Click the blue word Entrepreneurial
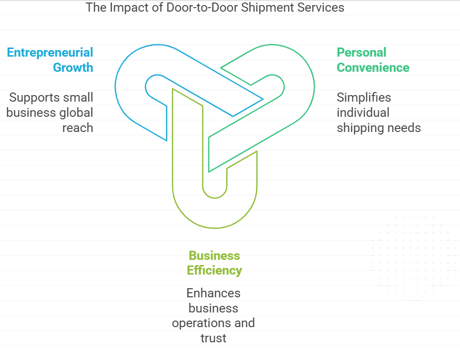pos(50,53)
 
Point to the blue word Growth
pos(73,67)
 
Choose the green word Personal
pos(361,53)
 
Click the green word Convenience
pos(373,67)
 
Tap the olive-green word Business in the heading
pos(214,255)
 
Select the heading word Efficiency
pos(214,271)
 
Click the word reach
pos(77,127)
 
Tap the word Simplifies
pos(364,98)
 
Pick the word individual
pos(363,112)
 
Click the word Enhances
pos(214,293)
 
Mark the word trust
pos(214,338)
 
